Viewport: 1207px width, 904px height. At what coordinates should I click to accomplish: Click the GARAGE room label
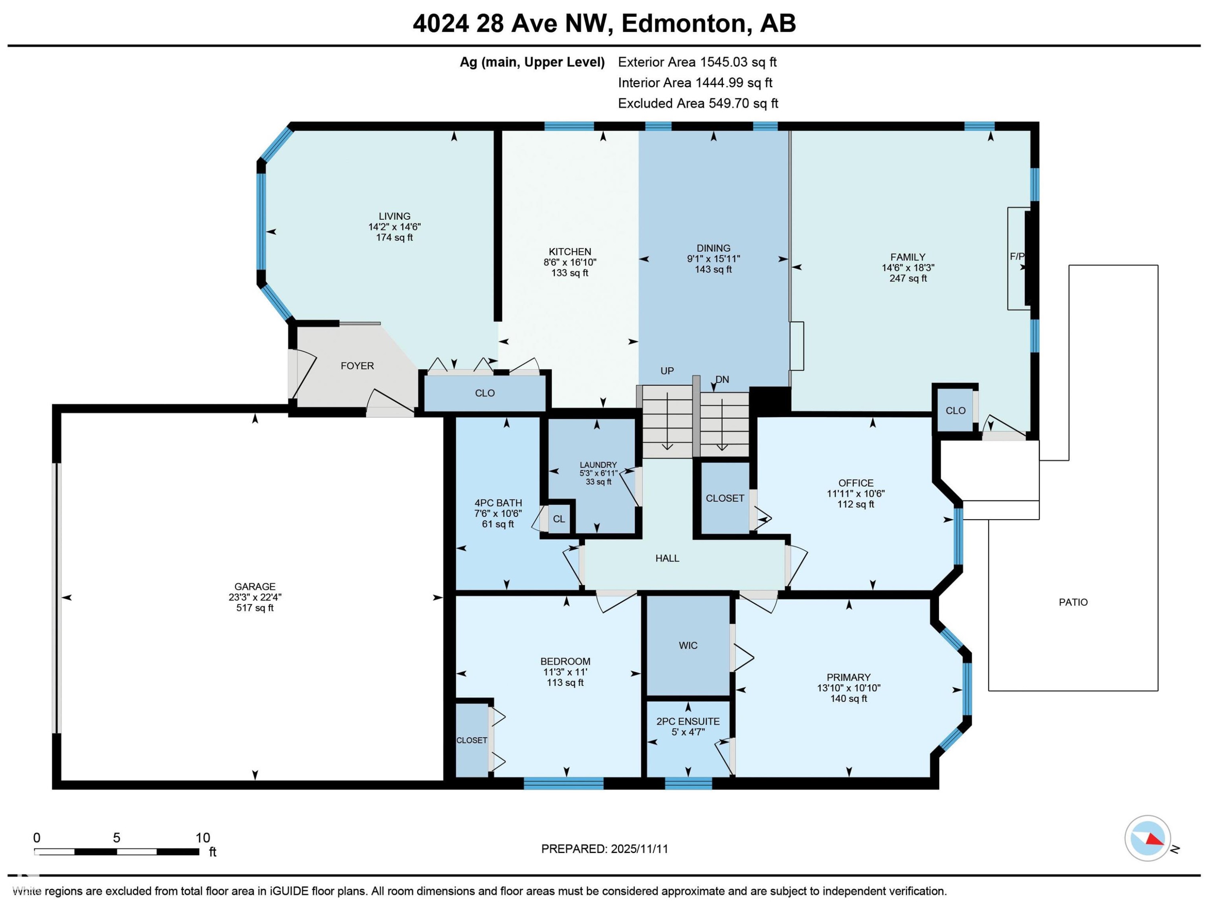(255, 586)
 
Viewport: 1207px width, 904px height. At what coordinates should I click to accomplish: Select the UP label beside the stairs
(667, 371)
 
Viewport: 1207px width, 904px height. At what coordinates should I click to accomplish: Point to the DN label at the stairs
(722, 380)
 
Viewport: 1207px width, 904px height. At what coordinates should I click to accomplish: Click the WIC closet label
(688, 645)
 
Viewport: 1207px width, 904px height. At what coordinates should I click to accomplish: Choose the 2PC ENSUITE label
(688, 721)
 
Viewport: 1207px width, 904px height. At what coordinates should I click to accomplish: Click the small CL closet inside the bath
(559, 518)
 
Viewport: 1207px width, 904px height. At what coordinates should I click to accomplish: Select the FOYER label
(357, 366)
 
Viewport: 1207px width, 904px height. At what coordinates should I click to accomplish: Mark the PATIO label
(1073, 602)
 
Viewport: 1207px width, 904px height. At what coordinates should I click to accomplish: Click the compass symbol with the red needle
(1147, 838)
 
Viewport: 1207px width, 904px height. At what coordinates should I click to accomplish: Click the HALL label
(667, 558)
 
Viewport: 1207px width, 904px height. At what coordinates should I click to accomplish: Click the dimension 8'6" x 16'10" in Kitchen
(570, 262)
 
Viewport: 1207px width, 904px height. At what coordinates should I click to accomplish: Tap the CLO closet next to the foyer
(484, 393)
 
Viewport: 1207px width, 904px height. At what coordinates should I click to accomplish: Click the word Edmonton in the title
(683, 23)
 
